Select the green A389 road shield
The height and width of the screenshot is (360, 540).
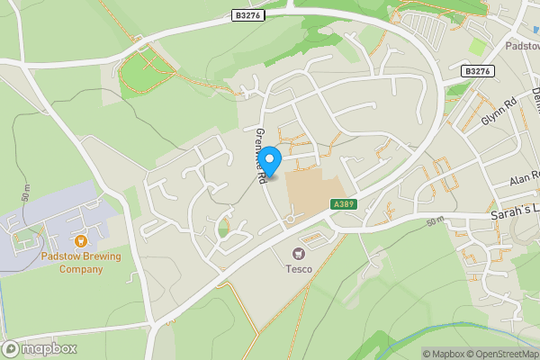340,204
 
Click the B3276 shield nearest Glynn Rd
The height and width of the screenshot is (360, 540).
478,70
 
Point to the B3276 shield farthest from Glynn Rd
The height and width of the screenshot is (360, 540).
247,14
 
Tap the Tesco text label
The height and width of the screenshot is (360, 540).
299,268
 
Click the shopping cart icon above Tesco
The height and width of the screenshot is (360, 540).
299,254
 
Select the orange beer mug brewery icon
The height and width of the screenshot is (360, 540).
80,241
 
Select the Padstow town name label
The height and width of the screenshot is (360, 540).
522,45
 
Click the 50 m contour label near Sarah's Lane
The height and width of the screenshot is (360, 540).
436,220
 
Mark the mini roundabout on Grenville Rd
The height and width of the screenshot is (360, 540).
291,219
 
